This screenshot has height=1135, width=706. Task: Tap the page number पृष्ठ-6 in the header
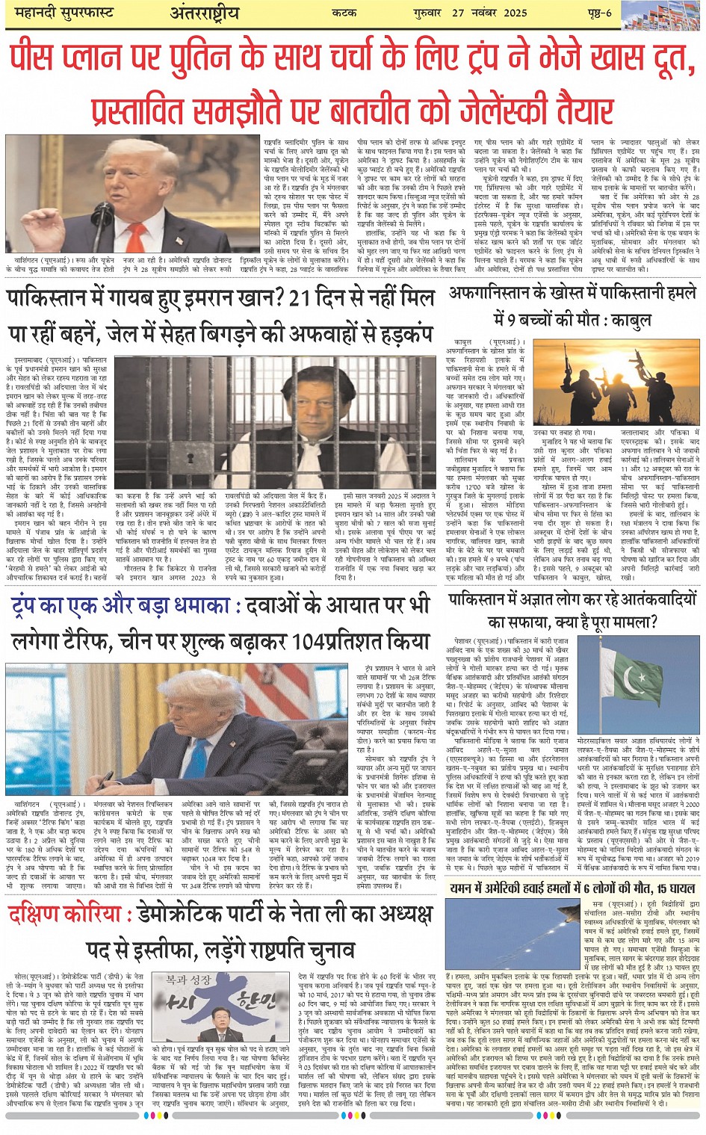(597, 13)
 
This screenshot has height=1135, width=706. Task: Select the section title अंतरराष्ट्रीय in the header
(204, 13)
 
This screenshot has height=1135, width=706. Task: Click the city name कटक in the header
(345, 13)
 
